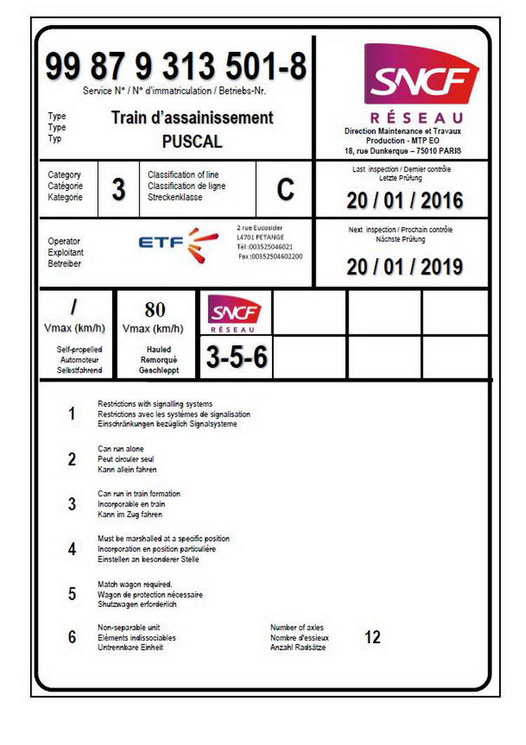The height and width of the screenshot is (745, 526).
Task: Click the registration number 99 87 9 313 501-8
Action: [176, 68]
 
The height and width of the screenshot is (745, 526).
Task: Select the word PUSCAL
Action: [192, 141]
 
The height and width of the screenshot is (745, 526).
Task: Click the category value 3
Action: [119, 190]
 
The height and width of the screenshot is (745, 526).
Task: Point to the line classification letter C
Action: [285, 190]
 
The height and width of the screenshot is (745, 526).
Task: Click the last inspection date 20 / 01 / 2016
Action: [405, 200]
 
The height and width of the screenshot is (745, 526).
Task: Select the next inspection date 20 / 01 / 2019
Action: [405, 267]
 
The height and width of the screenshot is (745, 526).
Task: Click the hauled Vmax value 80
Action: [154, 309]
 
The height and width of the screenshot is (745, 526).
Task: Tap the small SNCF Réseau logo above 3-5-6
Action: [235, 314]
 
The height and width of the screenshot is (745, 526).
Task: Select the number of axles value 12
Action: [372, 638]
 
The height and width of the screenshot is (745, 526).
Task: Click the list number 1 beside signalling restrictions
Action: [72, 414]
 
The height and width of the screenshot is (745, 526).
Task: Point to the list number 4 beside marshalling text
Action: [72, 549]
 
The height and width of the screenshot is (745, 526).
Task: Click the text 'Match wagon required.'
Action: [135, 584]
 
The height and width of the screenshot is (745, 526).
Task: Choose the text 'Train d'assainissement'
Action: [192, 117]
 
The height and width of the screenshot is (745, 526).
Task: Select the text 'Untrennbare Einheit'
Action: [131, 648]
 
